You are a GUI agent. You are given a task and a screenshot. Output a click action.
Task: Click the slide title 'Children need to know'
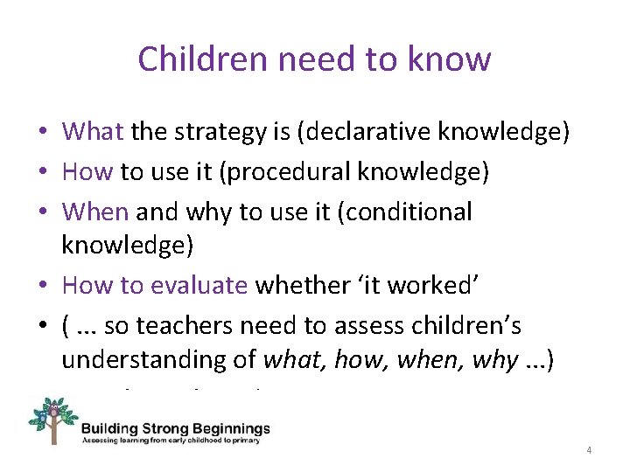click(314, 59)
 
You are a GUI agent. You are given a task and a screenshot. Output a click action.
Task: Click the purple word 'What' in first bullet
click(93, 132)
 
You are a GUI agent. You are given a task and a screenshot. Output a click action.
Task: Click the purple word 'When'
click(95, 212)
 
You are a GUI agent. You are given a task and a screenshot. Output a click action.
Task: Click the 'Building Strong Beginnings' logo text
click(175, 429)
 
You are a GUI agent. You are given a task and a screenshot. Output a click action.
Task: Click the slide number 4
click(589, 450)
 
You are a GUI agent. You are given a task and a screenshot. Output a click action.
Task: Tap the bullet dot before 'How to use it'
click(43, 172)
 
